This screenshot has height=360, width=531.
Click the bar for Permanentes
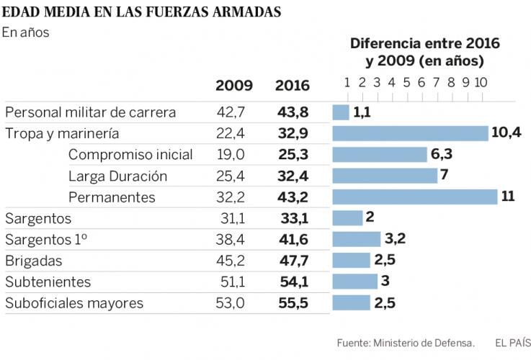coord(414,197)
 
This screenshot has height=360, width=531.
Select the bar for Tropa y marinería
coord(411,134)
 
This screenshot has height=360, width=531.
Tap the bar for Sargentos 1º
coord(356,239)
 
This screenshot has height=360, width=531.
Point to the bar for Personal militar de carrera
coord(341,112)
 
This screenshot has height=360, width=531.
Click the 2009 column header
coord(234,86)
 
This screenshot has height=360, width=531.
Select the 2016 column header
coord(292,86)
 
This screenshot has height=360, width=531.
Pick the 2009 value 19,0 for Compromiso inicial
coord(231,155)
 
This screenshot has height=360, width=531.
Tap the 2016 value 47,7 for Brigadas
coord(293,261)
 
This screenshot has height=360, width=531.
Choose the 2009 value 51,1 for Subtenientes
coord(231,282)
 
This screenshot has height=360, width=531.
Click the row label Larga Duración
coord(117,176)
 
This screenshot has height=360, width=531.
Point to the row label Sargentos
coord(38,219)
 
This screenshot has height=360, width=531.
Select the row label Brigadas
coord(34,261)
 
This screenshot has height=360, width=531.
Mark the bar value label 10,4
coord(507,133)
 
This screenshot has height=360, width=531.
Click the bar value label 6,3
coord(442,154)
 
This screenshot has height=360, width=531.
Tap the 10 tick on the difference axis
coord(481,81)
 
